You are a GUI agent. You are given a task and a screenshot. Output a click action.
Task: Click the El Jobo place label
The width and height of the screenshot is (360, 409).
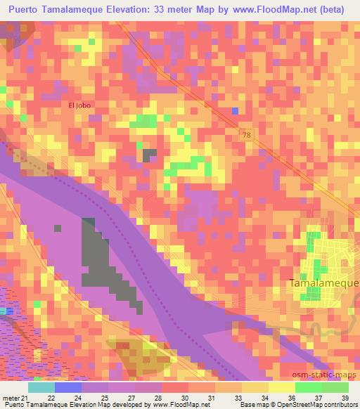[80, 105]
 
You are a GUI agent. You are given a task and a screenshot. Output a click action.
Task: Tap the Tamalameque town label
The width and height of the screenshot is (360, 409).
[323, 283]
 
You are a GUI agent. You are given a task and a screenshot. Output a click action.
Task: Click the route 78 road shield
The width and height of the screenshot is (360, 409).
[244, 134]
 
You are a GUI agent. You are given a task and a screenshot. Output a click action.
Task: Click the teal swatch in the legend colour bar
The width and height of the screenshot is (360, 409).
[41, 387]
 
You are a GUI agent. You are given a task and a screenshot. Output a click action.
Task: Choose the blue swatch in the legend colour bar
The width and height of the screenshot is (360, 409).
[67, 387]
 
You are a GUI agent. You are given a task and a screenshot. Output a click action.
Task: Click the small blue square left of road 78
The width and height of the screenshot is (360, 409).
[235, 110]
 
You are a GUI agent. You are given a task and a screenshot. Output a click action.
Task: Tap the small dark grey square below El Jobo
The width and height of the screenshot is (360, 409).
[149, 155]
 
